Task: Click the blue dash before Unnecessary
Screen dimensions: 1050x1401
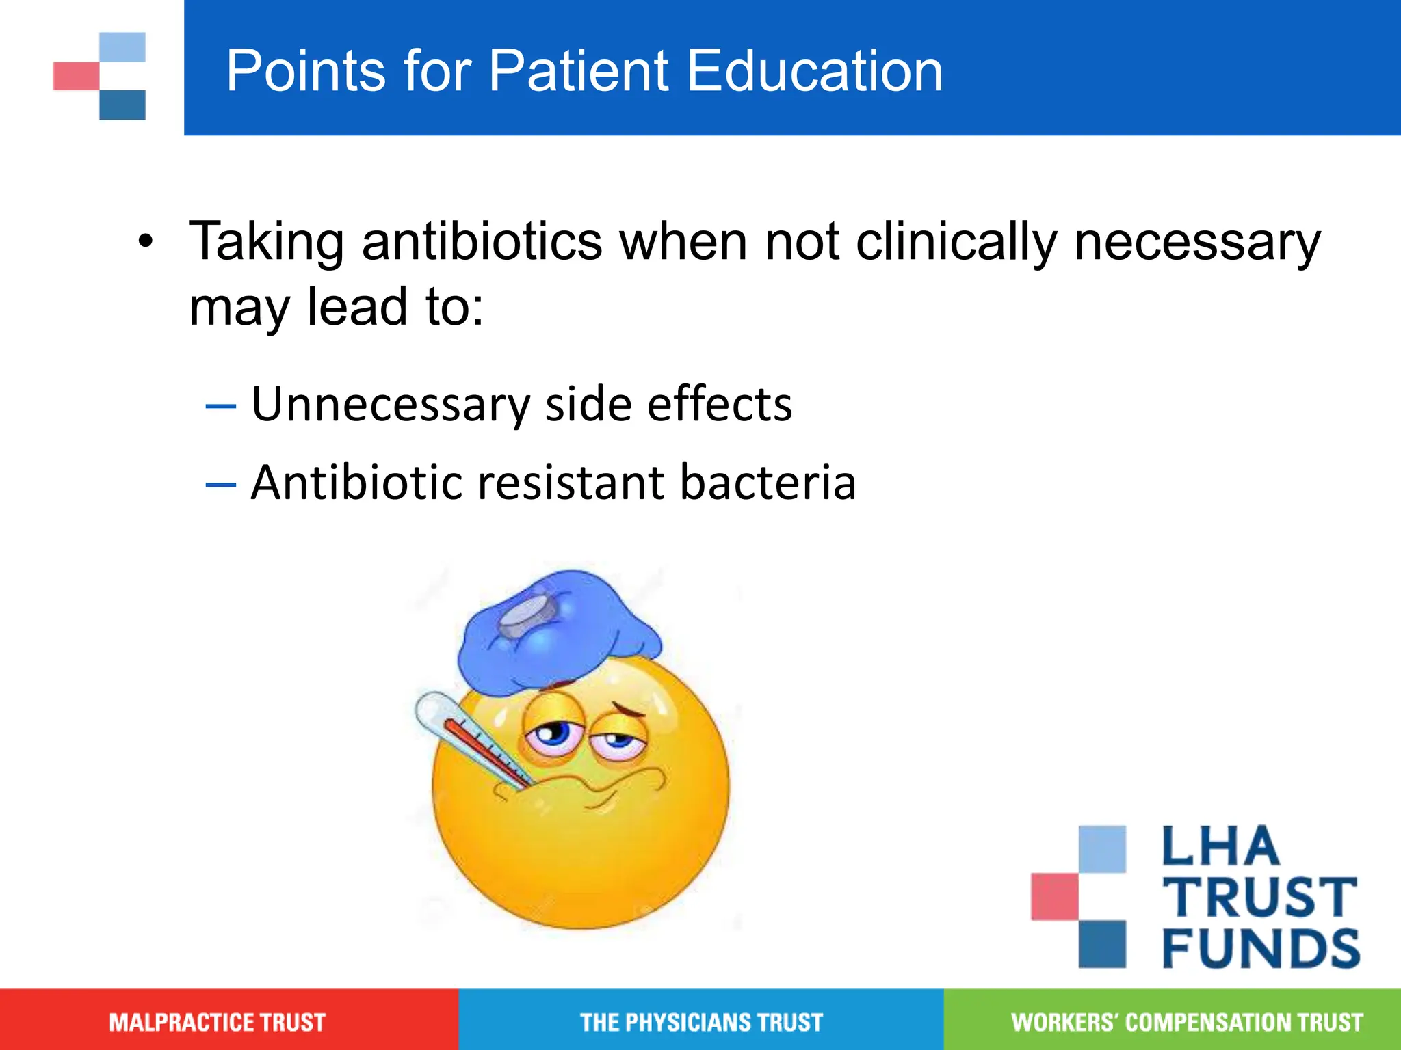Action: coord(220,405)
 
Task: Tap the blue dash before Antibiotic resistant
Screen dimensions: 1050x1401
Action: coord(220,484)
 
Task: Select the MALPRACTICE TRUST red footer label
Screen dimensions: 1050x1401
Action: coord(217,1022)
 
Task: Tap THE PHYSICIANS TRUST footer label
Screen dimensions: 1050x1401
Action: coord(701,1022)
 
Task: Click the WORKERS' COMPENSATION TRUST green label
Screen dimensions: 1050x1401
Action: coord(1187,1022)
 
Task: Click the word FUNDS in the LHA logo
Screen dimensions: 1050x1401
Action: coord(1261,948)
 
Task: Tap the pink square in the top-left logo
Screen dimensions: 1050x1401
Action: coord(76,76)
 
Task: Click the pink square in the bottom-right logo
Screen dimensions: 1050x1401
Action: coord(1054,896)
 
